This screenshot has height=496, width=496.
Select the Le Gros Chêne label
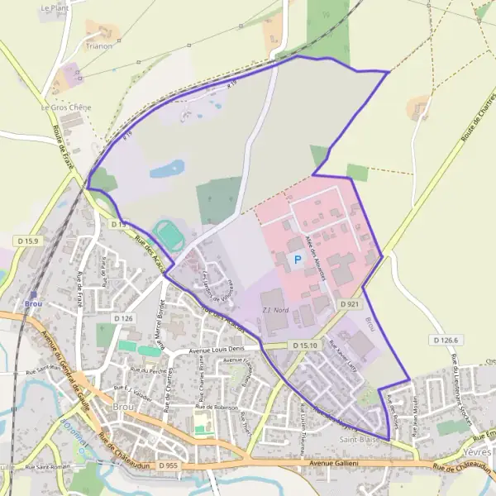66,107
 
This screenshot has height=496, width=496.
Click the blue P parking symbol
297,260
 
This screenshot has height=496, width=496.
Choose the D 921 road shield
349,305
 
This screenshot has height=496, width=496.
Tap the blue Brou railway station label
33,304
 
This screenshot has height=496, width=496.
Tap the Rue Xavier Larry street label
343,349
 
